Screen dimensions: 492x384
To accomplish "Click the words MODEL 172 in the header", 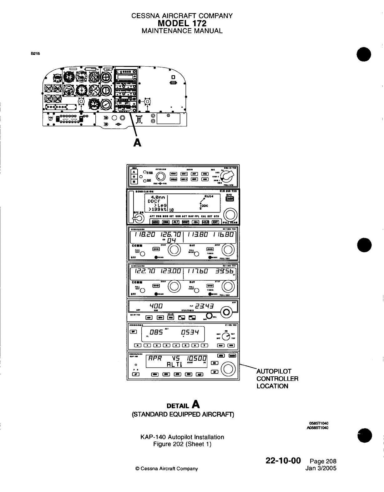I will pyautogui.click(x=182, y=23).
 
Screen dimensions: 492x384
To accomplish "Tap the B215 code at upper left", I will pyautogui.click(x=35, y=53).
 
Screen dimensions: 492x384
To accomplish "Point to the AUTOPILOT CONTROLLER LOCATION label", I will pyautogui.click(x=277, y=379).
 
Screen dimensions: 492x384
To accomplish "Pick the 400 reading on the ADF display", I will pyautogui.click(x=155, y=306).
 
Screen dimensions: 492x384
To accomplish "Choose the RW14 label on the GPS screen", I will pyautogui.click(x=208, y=196).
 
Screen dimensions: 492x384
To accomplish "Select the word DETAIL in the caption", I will pyautogui.click(x=178, y=406).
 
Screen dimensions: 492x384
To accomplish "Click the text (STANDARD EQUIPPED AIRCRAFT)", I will pyautogui.click(x=183, y=414).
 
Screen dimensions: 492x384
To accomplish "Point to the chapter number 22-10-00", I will pyautogui.click(x=283, y=460).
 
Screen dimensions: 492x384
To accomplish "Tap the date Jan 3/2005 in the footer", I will pyautogui.click(x=322, y=468).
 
